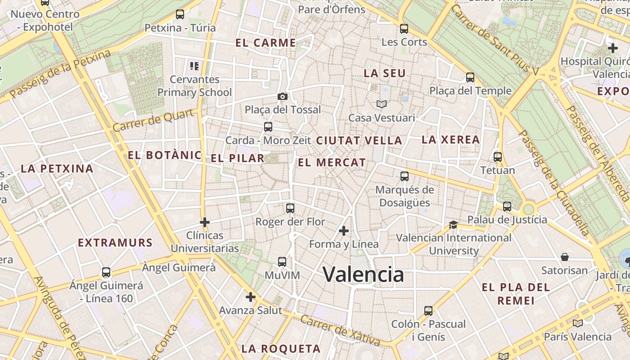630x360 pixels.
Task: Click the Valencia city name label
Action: pyautogui.click(x=363, y=274)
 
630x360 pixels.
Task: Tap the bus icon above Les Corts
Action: pyautogui.click(x=404, y=29)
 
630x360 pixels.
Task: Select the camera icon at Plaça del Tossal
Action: pyautogui.click(x=283, y=96)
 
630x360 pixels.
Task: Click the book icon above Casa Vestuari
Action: pyautogui.click(x=382, y=104)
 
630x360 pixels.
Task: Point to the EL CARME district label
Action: pyautogui.click(x=266, y=43)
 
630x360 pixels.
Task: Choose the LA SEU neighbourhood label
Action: pyautogui.click(x=385, y=73)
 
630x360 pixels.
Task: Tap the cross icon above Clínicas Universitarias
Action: pyautogui.click(x=205, y=222)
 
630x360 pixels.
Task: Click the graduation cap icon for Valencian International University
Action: pyautogui.click(x=453, y=225)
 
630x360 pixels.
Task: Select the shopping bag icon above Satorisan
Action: pyautogui.click(x=565, y=257)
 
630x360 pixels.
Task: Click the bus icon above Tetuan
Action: pyautogui.click(x=498, y=157)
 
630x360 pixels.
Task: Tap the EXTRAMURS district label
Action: pyautogui.click(x=116, y=243)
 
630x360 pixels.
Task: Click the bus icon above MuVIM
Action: pyautogui.click(x=282, y=262)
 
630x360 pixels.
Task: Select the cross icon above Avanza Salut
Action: pyautogui.click(x=251, y=297)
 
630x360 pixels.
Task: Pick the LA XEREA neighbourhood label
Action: pyautogui.click(x=450, y=140)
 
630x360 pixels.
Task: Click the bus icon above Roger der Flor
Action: pyautogui.click(x=290, y=208)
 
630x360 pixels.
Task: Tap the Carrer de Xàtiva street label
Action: pyautogui.click(x=340, y=331)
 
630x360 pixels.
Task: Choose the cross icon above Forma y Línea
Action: pyautogui.click(x=344, y=231)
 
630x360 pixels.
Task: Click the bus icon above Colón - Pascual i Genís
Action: pyautogui.click(x=428, y=311)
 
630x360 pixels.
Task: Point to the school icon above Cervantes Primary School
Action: pyautogui.click(x=194, y=67)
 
